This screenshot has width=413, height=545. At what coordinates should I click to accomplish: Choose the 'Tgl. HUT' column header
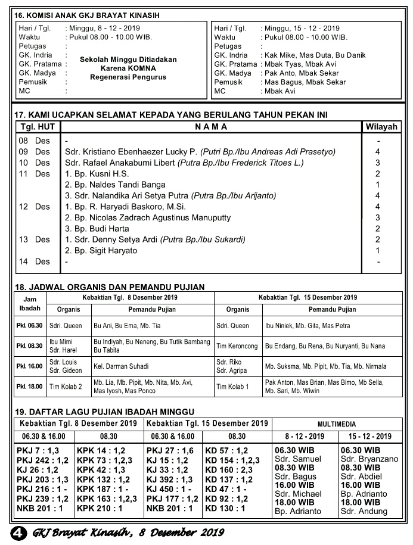click(38, 127)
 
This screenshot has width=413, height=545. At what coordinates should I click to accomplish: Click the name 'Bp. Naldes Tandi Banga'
click(115, 185)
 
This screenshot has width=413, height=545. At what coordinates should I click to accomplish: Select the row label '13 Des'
click(35, 239)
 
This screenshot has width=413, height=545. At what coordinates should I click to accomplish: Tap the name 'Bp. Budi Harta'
click(97, 229)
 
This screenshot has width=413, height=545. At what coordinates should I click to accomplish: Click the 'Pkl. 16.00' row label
click(29, 366)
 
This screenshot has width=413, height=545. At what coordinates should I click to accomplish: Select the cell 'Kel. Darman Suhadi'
click(121, 366)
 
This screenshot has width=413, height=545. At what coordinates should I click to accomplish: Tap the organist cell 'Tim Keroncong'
click(237, 345)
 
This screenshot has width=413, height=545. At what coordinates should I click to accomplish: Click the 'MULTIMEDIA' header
click(337, 425)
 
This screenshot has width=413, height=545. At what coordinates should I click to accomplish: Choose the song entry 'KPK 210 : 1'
click(100, 509)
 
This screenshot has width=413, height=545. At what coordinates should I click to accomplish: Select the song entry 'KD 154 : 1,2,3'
click(232, 460)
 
